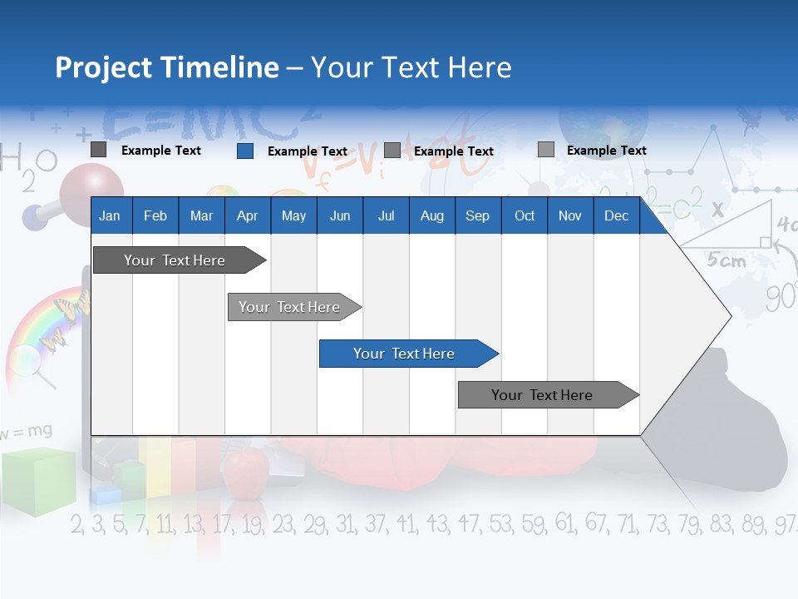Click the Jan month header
click(111, 215)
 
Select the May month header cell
click(293, 215)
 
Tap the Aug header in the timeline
click(431, 215)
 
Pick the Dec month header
click(616, 215)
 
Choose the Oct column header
click(525, 215)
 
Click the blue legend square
click(245, 151)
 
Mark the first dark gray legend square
click(99, 150)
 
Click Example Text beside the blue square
click(307, 151)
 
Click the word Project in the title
click(104, 67)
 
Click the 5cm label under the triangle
click(727, 260)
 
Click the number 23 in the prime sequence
click(283, 524)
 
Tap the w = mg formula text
click(27, 432)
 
